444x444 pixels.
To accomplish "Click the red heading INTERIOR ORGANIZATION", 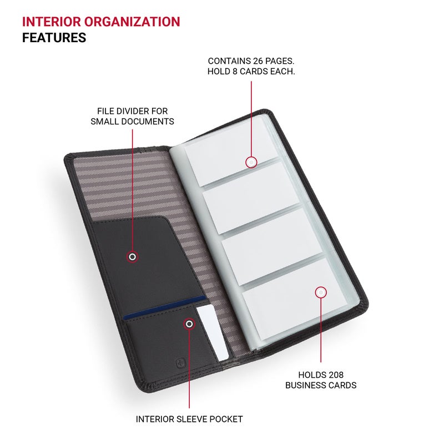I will click(x=101, y=22).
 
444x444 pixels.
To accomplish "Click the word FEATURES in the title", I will click(x=54, y=38).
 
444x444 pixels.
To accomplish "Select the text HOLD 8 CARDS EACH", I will click(x=251, y=72).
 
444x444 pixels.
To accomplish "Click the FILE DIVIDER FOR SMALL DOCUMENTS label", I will click(x=132, y=116).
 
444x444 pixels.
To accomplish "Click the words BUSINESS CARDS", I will click(x=321, y=385).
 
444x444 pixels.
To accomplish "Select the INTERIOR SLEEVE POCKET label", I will click(x=189, y=419).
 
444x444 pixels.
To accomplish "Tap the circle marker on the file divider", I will click(x=132, y=257).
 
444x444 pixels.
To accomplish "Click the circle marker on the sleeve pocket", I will click(x=189, y=324).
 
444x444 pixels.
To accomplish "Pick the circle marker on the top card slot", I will click(x=251, y=162).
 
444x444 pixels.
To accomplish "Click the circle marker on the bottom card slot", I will click(x=321, y=292).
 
